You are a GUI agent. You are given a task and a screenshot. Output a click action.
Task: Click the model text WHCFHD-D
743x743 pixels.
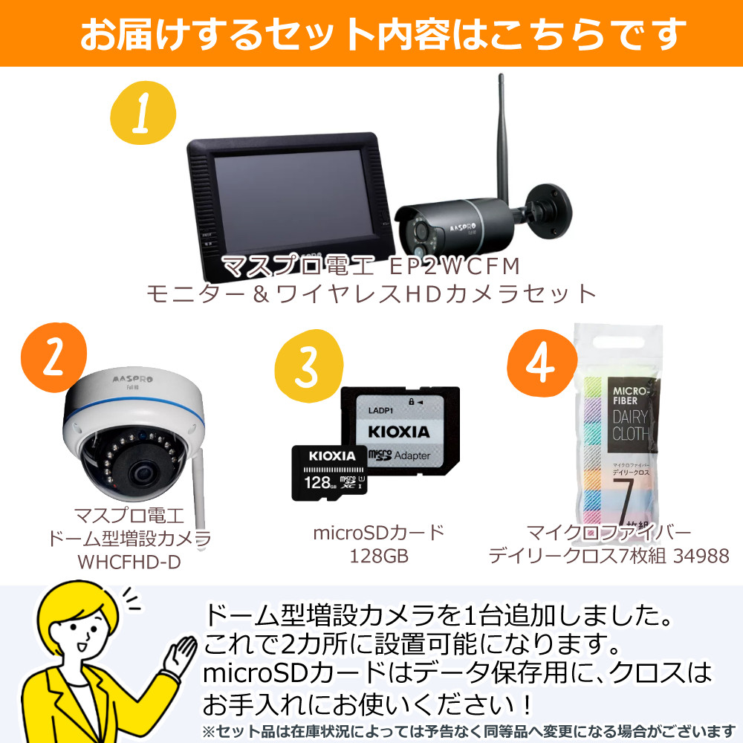tap(129, 562)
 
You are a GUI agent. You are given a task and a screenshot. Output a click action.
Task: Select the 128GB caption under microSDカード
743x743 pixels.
tap(379, 556)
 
